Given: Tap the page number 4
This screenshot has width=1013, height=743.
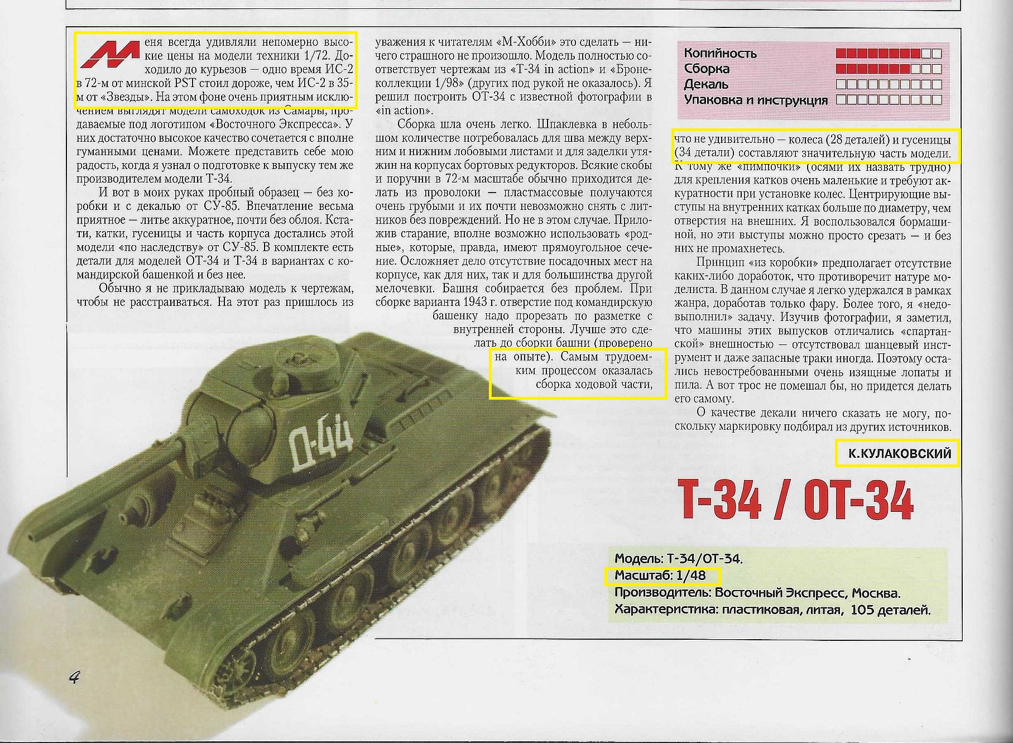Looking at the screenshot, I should (74, 678).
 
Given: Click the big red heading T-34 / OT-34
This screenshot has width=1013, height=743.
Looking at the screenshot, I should (795, 500).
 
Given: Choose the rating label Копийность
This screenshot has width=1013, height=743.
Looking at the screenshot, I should (720, 54).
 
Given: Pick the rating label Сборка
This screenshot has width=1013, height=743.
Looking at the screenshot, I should (707, 69).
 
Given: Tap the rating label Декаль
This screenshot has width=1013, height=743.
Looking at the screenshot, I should (706, 85).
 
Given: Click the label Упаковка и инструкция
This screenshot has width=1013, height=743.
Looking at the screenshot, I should (756, 100).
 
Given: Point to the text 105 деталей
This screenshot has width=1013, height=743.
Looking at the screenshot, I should (890, 610).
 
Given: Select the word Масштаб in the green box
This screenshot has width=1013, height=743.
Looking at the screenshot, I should (637, 576).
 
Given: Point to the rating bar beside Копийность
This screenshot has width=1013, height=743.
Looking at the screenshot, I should (889, 54).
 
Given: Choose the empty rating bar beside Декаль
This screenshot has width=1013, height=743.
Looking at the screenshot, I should (889, 85).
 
